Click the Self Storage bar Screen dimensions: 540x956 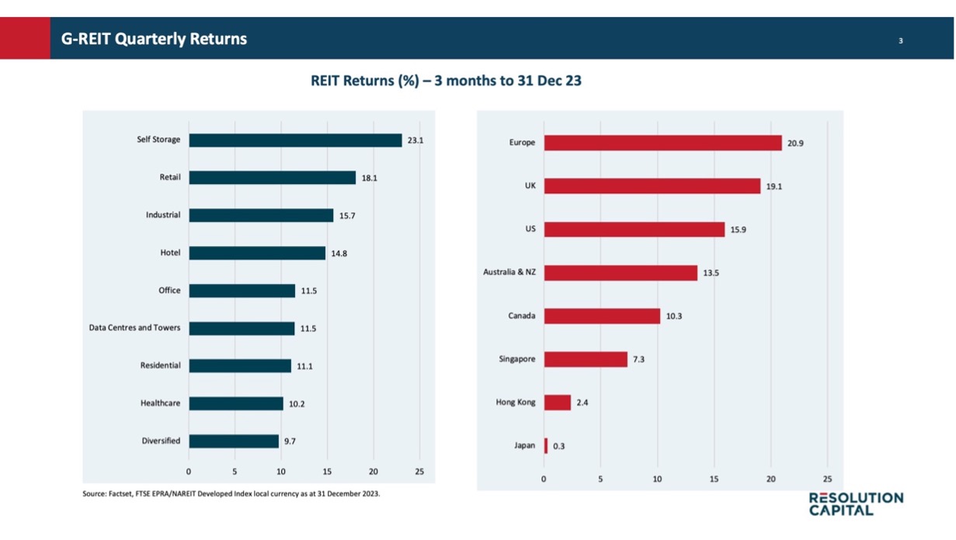coord(295,140)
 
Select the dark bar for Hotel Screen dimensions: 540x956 coord(257,253)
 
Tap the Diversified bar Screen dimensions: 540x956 coord(234,441)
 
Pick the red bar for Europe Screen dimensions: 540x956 coord(662,143)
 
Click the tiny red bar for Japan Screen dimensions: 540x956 coord(546,445)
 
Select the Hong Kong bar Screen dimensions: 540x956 coord(557,403)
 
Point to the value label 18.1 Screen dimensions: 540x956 coord(369,178)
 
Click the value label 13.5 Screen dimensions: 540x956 coord(711,273)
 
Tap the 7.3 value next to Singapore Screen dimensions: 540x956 coord(638,360)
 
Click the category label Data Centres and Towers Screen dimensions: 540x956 coord(134,328)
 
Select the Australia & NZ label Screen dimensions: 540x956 coord(509,273)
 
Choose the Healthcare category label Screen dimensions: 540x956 coord(160,403)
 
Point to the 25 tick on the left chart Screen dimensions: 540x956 coord(419,472)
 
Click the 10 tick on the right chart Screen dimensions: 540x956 coord(657,479)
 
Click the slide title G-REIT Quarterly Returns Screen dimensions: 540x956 coord(154,39)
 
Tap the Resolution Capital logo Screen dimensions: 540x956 coord(856,504)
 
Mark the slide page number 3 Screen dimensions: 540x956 coord(900,40)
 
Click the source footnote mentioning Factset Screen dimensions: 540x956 coord(231,493)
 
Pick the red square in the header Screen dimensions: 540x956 coord(25,38)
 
